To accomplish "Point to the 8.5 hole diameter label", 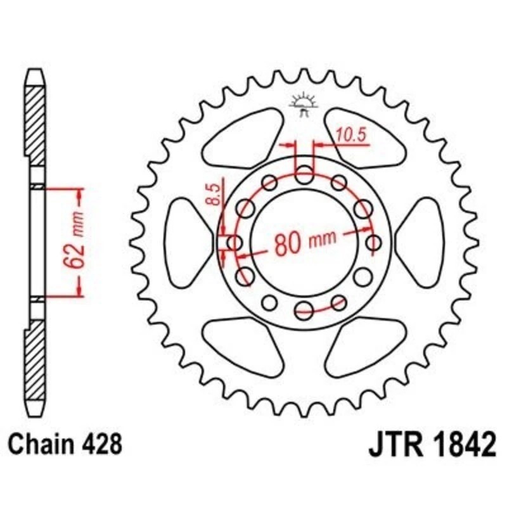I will coord(214,193).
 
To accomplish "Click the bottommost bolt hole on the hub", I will coord(305,309).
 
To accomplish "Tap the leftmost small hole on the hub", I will coord(234,242).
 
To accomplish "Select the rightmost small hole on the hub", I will coord(375,242).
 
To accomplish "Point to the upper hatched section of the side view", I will coord(36,120).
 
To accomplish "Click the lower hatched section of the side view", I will coord(36,361).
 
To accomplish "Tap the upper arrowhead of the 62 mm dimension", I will coord(79,194).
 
